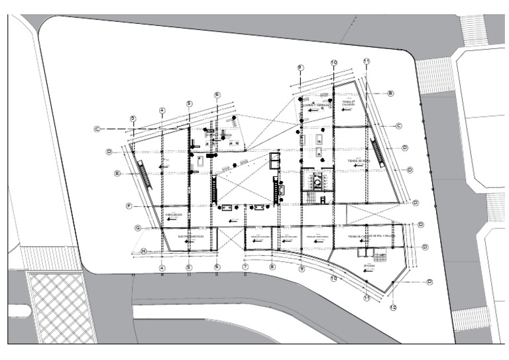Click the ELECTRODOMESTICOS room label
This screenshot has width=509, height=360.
coord(190,235)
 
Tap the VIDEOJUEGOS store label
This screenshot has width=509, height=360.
coord(173,215)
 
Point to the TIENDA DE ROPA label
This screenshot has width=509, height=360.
coord(359,160)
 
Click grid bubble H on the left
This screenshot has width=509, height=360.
coord(143,251)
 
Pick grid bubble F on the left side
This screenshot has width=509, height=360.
coord(129,206)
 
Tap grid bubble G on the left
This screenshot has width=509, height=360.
coord(138,228)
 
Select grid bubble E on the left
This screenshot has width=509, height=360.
coord(117,174)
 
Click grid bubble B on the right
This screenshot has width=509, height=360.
coord(390,93)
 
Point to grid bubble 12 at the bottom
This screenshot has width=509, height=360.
coord(393,308)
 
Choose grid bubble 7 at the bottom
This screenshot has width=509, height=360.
coord(245,267)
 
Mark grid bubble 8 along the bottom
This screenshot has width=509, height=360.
coord(272,267)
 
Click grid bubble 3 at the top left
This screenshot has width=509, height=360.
coord(133,119)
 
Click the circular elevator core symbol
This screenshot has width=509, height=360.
coord(317,180)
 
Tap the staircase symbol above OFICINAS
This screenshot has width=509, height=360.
coord(381,256)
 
